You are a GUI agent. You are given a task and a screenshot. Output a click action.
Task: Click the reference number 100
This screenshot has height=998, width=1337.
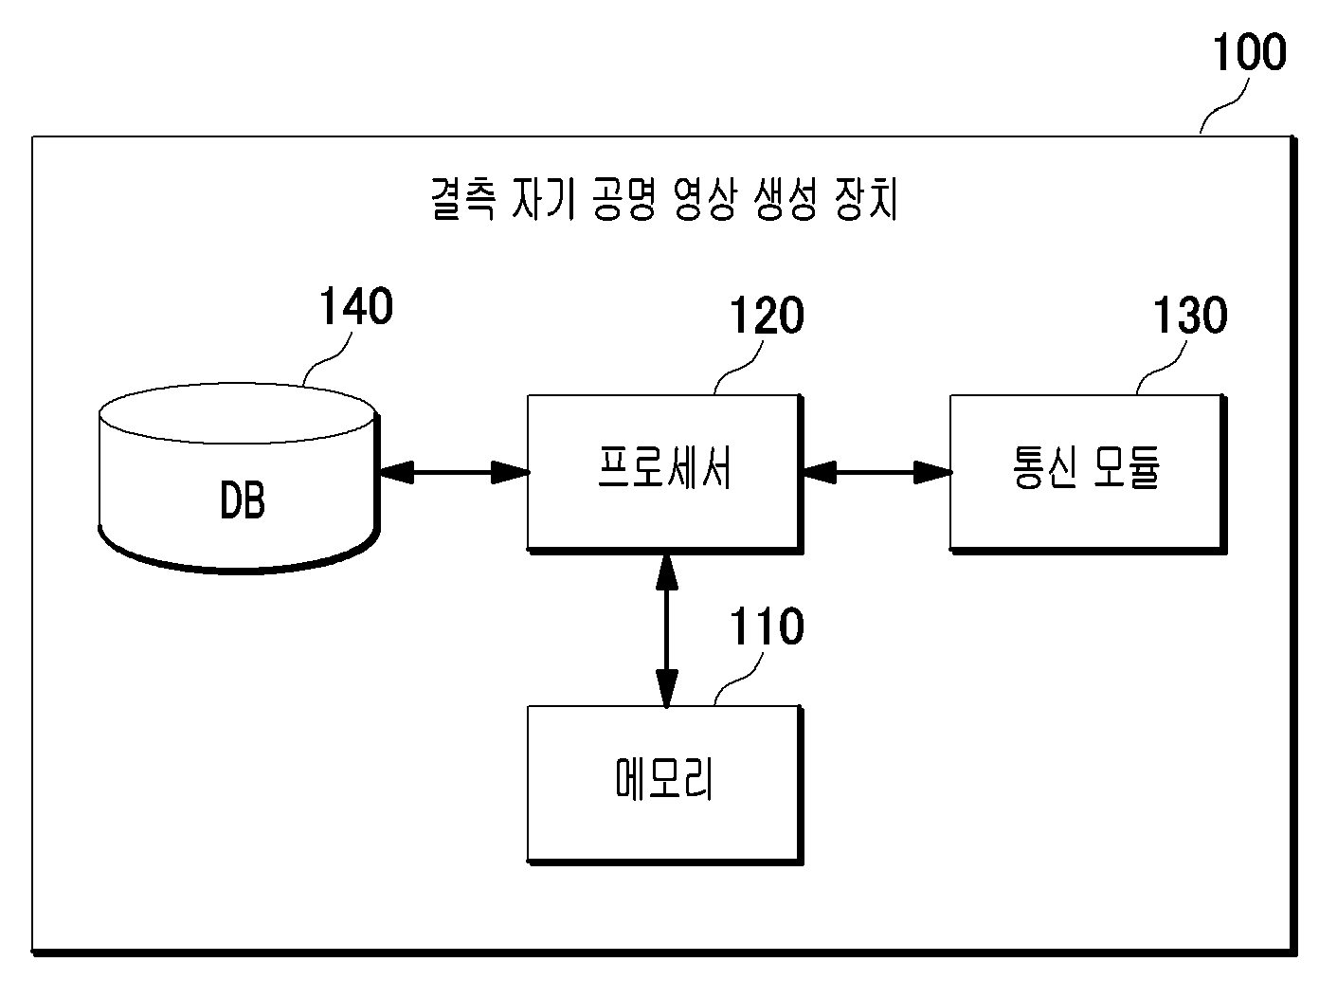tap(1249, 52)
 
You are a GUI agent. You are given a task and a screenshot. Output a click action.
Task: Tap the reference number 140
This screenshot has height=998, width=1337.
tap(356, 306)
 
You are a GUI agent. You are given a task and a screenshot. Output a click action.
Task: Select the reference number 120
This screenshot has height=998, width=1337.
tap(767, 316)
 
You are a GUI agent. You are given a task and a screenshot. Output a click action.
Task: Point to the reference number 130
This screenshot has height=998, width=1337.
tap(1190, 316)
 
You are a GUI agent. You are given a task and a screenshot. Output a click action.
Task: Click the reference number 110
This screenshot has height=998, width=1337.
tap(767, 626)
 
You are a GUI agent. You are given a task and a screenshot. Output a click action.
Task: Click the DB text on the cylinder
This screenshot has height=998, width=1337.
tap(243, 500)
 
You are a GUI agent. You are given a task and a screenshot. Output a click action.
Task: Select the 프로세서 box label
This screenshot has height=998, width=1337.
tap(664, 468)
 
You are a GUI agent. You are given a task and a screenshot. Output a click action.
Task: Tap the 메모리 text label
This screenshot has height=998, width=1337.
tap(664, 778)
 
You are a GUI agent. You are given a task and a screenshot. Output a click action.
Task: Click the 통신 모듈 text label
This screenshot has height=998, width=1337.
tap(1087, 468)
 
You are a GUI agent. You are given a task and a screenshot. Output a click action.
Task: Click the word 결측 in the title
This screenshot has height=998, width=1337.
tap(463, 199)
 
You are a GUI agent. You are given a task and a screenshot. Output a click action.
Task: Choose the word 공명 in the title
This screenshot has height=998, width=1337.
tap(624, 199)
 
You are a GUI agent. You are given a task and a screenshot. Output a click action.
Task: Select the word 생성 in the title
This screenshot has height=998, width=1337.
tap(786, 199)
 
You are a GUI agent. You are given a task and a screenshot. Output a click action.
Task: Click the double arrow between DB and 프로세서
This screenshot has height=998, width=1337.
tap(454, 472)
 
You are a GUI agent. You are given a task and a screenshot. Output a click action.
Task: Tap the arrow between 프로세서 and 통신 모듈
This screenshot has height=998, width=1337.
tap(877, 472)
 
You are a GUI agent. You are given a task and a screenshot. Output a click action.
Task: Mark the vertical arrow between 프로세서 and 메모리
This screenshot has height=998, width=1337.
tap(666, 630)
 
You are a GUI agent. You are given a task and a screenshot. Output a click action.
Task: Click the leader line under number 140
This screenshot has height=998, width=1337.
tap(328, 359)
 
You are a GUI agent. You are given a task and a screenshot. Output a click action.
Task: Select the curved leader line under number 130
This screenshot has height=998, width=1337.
tap(1162, 368)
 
